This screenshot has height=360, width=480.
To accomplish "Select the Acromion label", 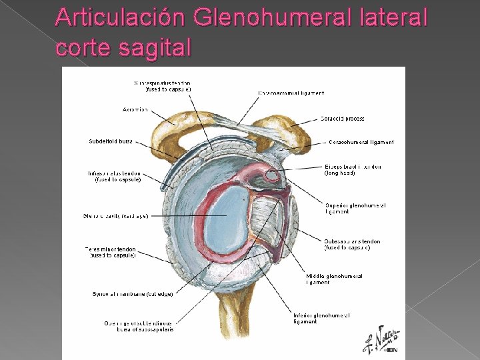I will [135, 109].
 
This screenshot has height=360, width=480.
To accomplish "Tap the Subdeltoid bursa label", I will [111, 141].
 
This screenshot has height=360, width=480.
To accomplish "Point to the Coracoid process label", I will [342, 119].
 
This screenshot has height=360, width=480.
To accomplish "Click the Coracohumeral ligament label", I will [361, 142].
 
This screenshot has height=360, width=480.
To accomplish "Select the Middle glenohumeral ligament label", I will [335, 279].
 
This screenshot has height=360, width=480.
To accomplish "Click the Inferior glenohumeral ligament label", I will [322, 318].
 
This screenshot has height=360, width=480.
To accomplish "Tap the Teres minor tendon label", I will [110, 252].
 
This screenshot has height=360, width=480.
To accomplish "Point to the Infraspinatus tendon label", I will [114, 177].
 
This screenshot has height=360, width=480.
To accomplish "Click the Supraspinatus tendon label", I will [163, 86].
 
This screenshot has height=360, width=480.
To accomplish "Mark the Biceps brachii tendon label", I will [353, 169].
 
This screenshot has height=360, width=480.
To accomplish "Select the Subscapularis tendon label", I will [352, 245].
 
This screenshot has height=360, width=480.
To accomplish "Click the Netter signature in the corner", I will [381, 340].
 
